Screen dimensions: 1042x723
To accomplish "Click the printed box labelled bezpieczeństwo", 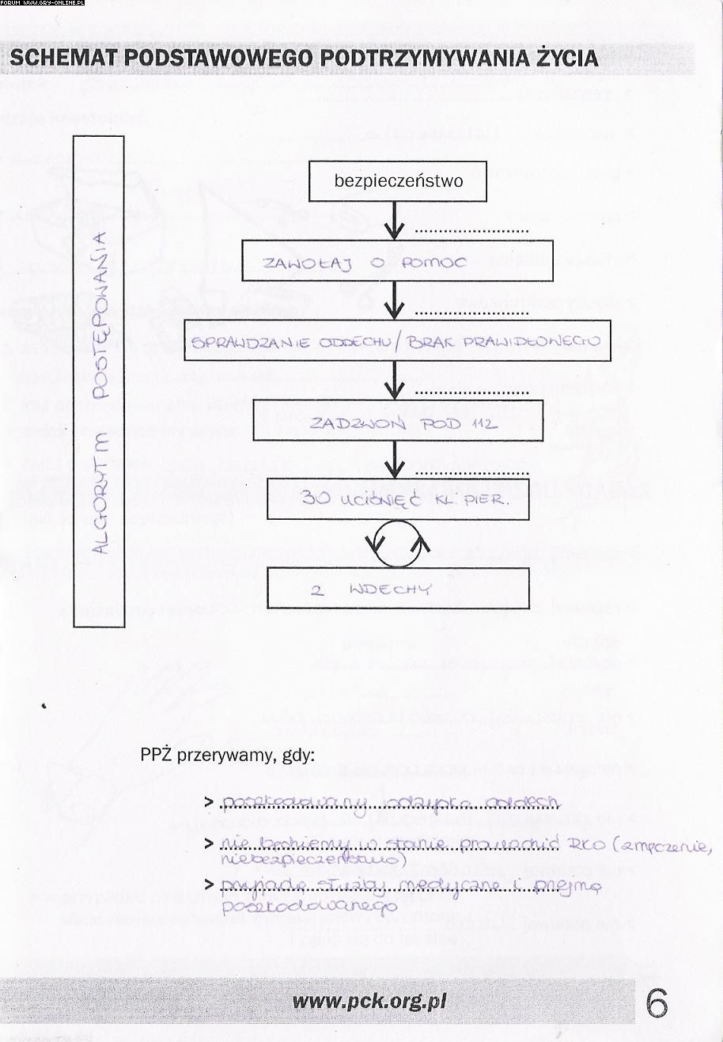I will [x=398, y=181].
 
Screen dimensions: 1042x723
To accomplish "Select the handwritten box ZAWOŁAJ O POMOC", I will [x=397, y=262].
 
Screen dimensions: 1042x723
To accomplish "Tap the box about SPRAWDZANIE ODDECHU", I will [x=397, y=341].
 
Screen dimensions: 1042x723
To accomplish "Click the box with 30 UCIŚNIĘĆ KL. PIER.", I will [x=398, y=499].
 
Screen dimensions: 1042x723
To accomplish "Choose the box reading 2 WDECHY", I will [x=398, y=589].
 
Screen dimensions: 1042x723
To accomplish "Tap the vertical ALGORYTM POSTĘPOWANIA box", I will [x=99, y=381].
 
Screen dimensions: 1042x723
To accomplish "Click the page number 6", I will [x=657, y=1004].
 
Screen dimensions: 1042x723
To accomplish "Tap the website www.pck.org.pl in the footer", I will [x=369, y=1002].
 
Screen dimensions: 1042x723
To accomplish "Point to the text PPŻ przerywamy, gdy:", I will [x=228, y=755].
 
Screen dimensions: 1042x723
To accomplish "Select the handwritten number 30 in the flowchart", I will [x=317, y=499].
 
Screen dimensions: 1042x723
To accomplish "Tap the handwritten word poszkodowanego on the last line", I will [x=309, y=907].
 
